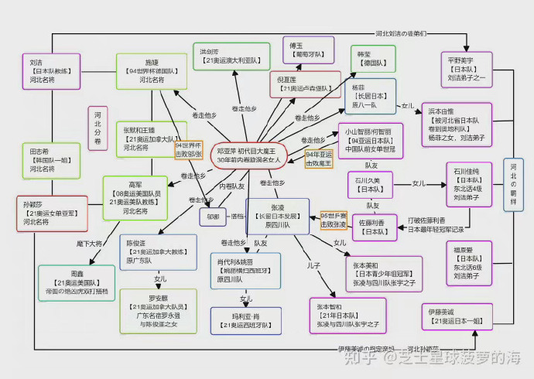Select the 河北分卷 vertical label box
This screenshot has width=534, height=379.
pos(98,128)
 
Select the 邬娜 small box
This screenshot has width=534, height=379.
pos(213,217)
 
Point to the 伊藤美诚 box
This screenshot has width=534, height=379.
pos(457,316)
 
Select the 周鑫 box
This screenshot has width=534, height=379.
pos(77,283)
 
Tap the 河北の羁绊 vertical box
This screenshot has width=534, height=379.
pos(512,186)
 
